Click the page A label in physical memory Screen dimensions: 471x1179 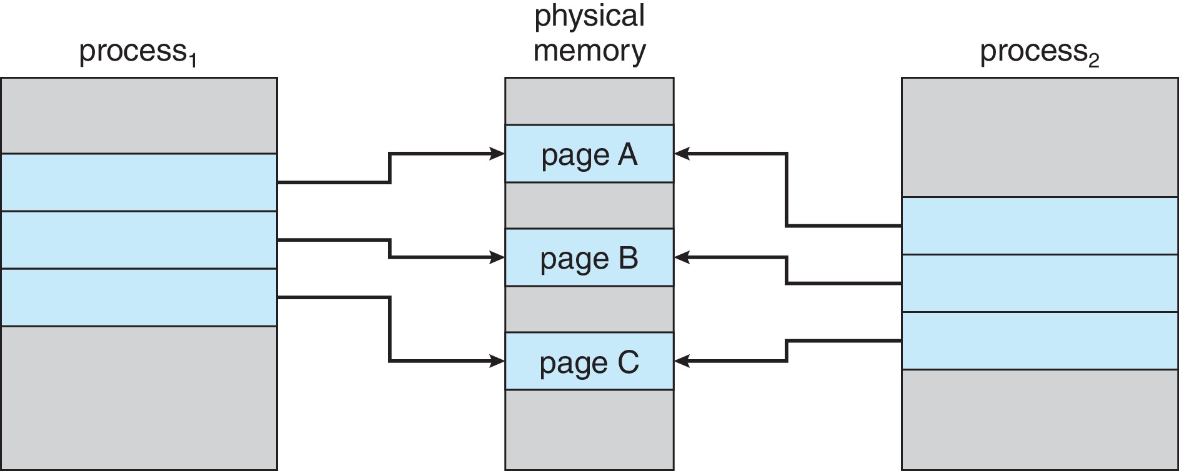click(589, 155)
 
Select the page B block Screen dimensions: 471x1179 click(589, 257)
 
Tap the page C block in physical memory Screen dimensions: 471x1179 click(589, 362)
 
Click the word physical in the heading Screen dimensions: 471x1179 click(589, 16)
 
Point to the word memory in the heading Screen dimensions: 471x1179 click(589, 50)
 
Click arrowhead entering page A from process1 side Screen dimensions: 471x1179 click(498, 153)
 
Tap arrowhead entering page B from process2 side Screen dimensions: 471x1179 click(682, 257)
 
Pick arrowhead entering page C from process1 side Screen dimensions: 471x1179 click(498, 360)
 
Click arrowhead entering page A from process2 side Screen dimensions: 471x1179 click(682, 153)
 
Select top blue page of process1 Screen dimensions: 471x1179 click(138, 182)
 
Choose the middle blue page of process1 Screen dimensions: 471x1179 click(138, 240)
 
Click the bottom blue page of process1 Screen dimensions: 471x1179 click(138, 297)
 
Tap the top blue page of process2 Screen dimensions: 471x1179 click(1039, 226)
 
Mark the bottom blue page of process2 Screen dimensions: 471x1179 click(1039, 340)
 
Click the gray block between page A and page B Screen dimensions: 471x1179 click(589, 206)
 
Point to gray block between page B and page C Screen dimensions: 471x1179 click(589, 309)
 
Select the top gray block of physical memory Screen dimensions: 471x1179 click(589, 101)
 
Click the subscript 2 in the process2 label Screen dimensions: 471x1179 click(1093, 61)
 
